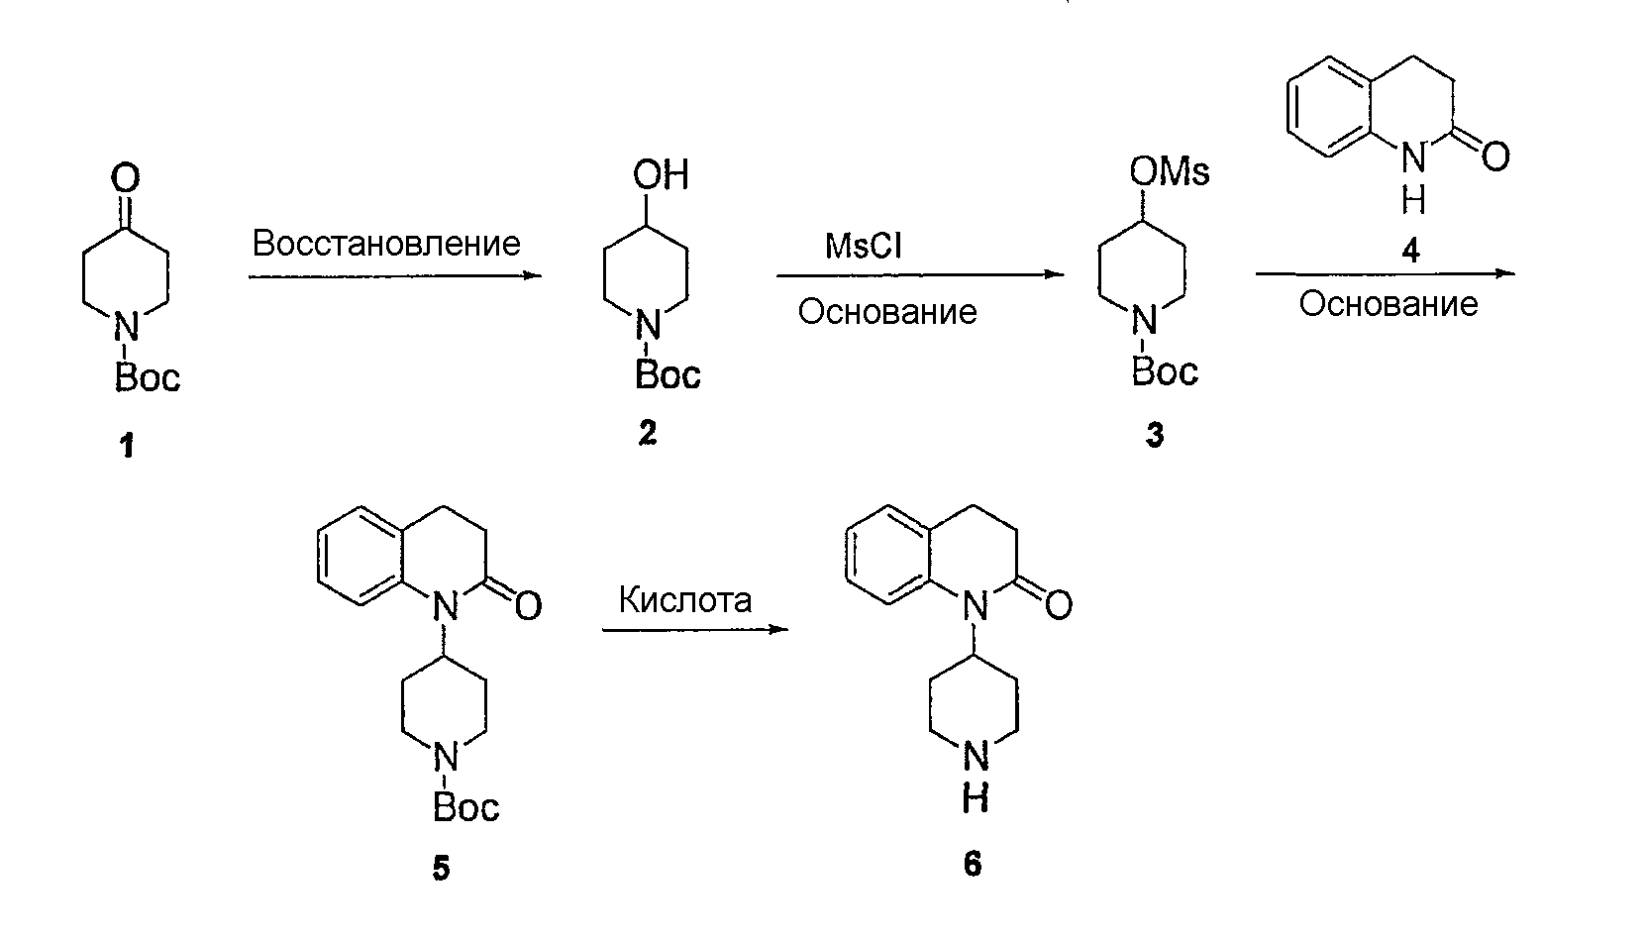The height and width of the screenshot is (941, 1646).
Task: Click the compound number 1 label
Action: (x=127, y=446)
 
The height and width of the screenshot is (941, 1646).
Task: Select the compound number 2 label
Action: (x=648, y=433)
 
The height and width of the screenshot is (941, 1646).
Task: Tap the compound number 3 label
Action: (x=1155, y=435)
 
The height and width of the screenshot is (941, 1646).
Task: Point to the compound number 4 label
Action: (x=1410, y=251)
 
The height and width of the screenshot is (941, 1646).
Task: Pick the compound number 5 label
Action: (x=441, y=869)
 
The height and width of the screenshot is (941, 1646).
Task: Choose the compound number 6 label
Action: (x=973, y=864)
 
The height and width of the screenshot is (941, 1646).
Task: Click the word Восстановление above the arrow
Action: (x=386, y=244)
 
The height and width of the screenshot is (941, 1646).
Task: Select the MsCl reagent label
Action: (x=864, y=246)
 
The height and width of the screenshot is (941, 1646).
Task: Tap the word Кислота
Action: (x=685, y=600)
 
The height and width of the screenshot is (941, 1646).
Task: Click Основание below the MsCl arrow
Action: (x=887, y=312)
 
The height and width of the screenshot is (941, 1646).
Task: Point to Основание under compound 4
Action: (x=1389, y=304)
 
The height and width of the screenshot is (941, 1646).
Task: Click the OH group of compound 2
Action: (x=661, y=175)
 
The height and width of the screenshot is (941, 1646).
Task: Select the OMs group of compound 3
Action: (x=1169, y=171)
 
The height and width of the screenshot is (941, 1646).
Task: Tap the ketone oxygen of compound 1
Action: (x=125, y=178)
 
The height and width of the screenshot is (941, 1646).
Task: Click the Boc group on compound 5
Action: (x=465, y=807)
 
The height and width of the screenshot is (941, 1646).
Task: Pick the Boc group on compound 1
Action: (x=147, y=377)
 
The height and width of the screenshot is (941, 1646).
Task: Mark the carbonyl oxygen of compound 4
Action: (x=1495, y=156)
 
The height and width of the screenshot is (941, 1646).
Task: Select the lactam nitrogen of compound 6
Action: (x=976, y=606)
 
